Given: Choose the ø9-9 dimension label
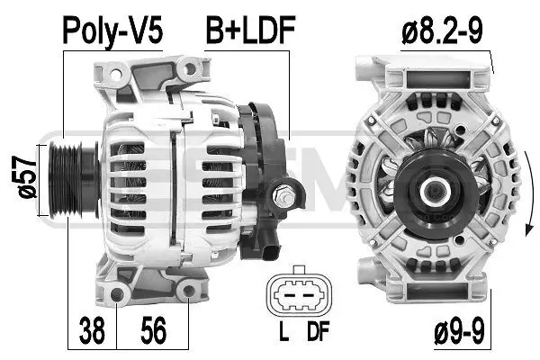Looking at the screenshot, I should point(459,331).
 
